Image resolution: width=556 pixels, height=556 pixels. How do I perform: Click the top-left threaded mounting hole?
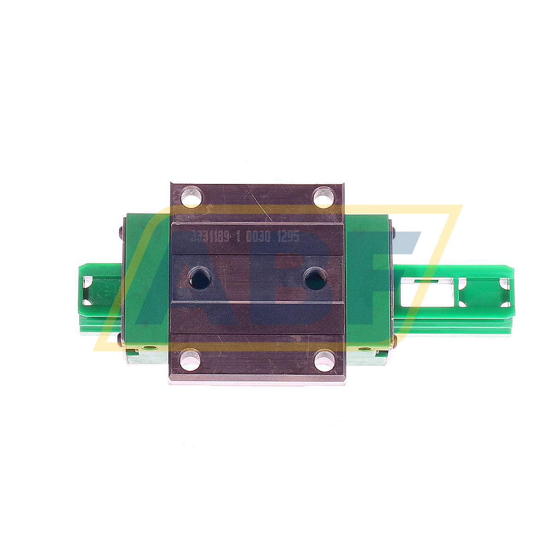click(191, 196)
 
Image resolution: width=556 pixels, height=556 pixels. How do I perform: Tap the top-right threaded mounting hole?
click(324, 196)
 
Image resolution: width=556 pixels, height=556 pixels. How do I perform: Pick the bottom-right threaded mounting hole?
click(324, 360)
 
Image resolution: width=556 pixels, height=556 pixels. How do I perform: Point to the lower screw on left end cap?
click(121, 341)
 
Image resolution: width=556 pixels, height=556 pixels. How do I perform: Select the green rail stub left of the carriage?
click(100, 297)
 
